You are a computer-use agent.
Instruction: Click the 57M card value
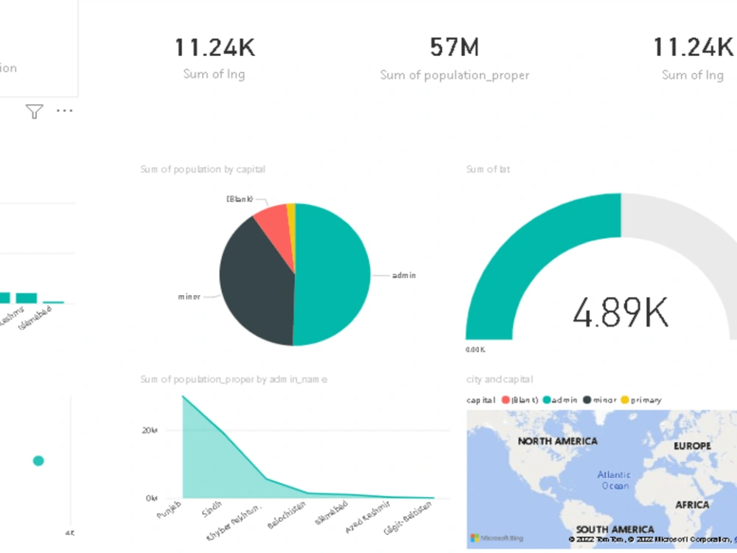[454, 48]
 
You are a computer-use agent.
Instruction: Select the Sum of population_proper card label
[454, 75]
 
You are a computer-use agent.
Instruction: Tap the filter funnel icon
[34, 111]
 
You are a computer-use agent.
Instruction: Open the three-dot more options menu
[65, 111]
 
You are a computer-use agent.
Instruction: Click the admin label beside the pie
[404, 276]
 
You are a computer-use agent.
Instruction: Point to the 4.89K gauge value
[621, 313]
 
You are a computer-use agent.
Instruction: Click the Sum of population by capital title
[203, 170]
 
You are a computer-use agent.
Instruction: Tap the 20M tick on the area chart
[150, 430]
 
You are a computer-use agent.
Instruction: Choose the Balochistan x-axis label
[282, 514]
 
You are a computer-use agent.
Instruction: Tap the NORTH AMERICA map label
[557, 441]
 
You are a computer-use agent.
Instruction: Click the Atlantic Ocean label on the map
[613, 480]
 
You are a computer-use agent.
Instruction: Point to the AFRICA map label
[692, 505]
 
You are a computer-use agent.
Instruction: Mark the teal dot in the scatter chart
[38, 461]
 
